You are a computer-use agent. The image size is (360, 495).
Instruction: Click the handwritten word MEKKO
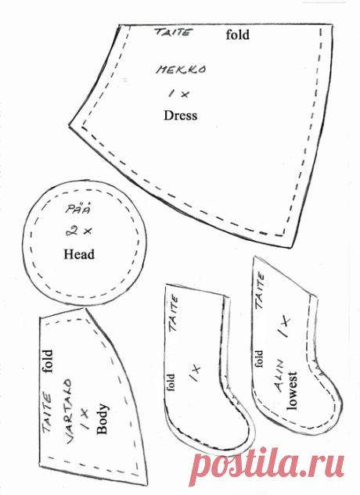coord(181,70)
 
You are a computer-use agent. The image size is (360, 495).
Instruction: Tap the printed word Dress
coord(180,115)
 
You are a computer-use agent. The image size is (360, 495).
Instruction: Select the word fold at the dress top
coord(237,34)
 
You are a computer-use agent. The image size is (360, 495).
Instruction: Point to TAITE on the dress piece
coord(173,32)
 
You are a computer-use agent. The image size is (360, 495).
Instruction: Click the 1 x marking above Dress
coord(179,94)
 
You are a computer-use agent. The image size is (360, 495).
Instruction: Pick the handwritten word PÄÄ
coord(78,210)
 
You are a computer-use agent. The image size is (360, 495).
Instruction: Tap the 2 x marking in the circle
coord(79,231)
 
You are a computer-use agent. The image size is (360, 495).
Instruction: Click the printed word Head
coord(79,254)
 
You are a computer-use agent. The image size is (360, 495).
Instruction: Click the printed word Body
coord(103,418)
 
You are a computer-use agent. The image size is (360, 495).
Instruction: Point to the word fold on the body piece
coord(47,361)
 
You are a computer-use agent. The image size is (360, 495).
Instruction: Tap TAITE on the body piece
coord(47,412)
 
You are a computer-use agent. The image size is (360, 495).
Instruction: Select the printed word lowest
coord(292,391)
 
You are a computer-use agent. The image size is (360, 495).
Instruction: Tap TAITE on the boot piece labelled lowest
coord(260,291)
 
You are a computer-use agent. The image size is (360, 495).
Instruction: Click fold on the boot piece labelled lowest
coord(258,358)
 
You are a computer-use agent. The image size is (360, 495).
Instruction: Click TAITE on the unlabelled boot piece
coord(174,313)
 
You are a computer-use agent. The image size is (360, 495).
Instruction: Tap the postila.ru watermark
coord(268,467)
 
